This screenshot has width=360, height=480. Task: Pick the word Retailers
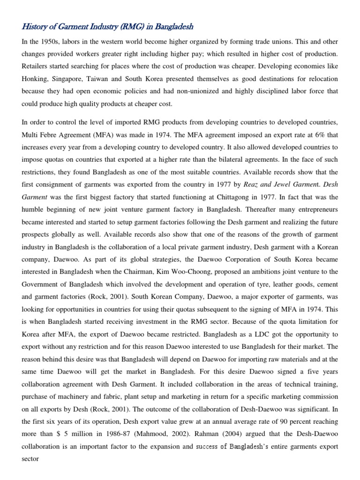pyautogui.click(x=37, y=66)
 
